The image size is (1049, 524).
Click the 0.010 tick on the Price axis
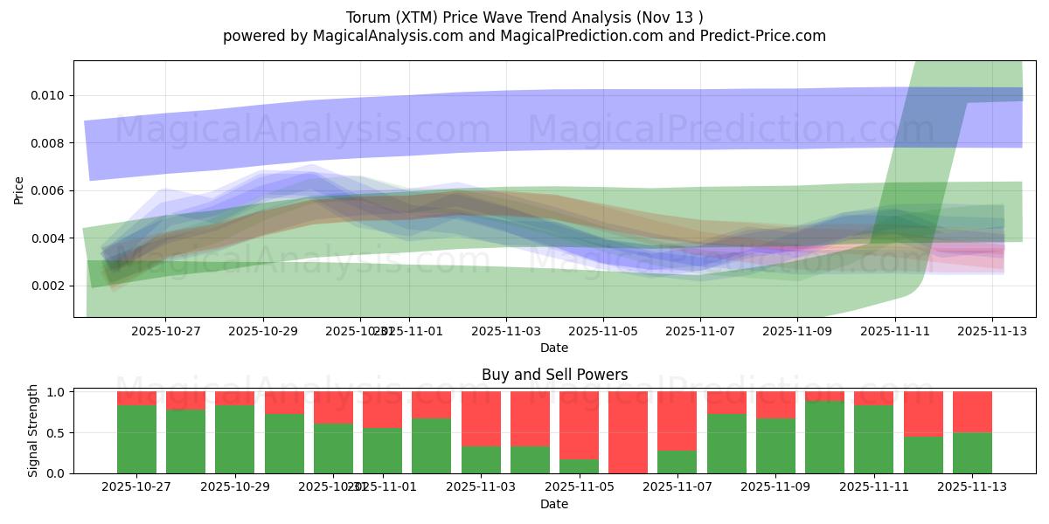(x=51, y=95)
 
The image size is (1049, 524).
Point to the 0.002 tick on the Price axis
(x=51, y=286)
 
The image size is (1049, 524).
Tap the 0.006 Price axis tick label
(x=51, y=190)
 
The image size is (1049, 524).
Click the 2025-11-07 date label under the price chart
(x=699, y=331)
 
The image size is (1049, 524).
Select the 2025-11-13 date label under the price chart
(x=991, y=331)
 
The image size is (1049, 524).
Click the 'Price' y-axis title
(x=19, y=190)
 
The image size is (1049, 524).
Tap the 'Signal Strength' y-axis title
(x=33, y=431)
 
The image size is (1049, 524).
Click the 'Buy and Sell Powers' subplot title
(x=554, y=375)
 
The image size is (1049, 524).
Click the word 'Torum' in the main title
(x=368, y=17)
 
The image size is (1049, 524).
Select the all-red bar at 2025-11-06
(x=629, y=432)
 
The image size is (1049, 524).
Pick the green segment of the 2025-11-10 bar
(x=824, y=438)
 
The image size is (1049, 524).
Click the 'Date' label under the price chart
(x=554, y=348)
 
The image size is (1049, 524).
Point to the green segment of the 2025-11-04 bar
(x=530, y=460)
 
